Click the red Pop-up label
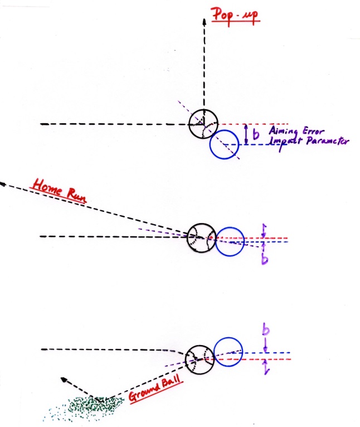(236, 16)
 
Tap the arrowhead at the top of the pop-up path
(204, 21)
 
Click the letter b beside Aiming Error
(255, 134)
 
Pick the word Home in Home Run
(47, 187)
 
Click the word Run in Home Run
(76, 195)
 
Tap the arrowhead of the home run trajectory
(2, 184)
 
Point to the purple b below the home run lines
(265, 259)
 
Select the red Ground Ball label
(155, 390)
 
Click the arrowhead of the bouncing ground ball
(64, 380)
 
